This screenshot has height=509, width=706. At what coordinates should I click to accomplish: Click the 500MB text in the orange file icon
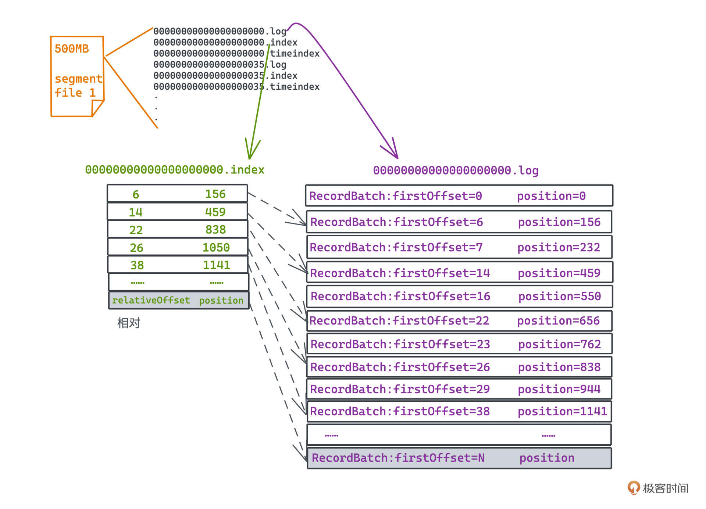coord(72,49)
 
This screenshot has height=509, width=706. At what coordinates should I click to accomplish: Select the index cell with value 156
coord(215,194)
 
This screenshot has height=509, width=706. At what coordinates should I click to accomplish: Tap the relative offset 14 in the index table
coord(135,212)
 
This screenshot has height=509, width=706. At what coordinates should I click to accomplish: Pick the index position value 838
coord(215,230)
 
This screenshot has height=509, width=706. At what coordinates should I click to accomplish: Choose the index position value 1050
coord(216,247)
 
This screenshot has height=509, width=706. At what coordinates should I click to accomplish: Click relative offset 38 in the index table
coord(137,265)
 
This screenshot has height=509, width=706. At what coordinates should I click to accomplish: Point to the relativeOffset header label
coord(151,300)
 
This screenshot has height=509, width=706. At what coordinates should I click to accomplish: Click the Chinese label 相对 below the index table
coord(129,323)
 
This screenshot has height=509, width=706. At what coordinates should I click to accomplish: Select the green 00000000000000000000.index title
coord(175,170)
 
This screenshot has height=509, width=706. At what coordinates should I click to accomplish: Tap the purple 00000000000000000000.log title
coord(456,171)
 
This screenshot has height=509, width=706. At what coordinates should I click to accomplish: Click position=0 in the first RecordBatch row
coord(551,196)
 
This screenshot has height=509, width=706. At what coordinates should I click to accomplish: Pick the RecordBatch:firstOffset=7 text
coord(396,247)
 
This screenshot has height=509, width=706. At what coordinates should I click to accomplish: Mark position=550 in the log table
coord(559,296)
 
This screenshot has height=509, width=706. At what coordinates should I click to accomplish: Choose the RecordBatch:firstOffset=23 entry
coord(400,344)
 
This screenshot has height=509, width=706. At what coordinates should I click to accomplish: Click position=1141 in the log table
coord(562,411)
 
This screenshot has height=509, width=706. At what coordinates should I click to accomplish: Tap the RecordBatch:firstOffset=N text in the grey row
coord(398,458)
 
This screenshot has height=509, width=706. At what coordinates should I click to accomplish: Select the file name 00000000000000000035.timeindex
coord(236,87)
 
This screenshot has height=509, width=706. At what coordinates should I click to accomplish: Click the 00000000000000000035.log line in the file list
coord(220,65)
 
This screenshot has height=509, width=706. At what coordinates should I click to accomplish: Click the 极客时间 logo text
coord(665,488)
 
